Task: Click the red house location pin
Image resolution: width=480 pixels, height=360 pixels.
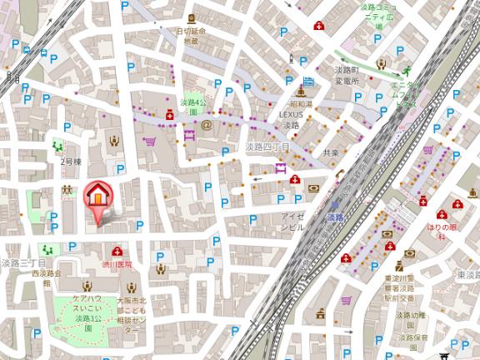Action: pyautogui.click(x=98, y=197)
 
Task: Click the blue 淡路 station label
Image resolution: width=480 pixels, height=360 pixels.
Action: pyautogui.click(x=335, y=217)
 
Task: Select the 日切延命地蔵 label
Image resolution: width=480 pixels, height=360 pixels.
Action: pyautogui.click(x=191, y=36)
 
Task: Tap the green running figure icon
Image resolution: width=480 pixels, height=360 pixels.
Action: pyautogui.click(x=408, y=72)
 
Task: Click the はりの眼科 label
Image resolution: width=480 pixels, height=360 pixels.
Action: pyautogui.click(x=442, y=227)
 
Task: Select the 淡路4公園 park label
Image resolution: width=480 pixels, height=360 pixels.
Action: pyautogui.click(x=192, y=106)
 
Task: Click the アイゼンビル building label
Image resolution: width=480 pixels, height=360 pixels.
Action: pyautogui.click(x=292, y=221)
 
